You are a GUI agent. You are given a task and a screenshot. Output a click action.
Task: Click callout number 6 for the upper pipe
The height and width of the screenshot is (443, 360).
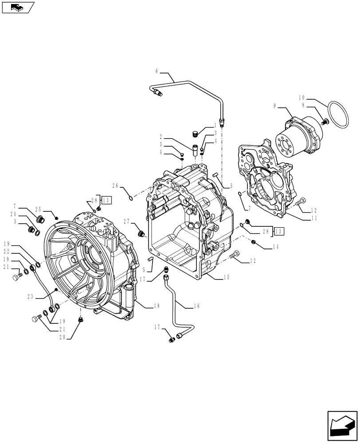tap(157, 71)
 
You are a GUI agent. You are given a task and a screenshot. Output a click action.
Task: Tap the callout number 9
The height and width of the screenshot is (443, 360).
tap(275, 105)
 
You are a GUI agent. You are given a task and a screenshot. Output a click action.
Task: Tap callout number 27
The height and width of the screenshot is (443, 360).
tap(127, 221)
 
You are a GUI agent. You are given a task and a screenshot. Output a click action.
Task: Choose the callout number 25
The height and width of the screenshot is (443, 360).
tap(38, 209)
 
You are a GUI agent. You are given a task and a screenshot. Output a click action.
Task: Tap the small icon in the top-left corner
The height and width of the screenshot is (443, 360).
tap(17, 7)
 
